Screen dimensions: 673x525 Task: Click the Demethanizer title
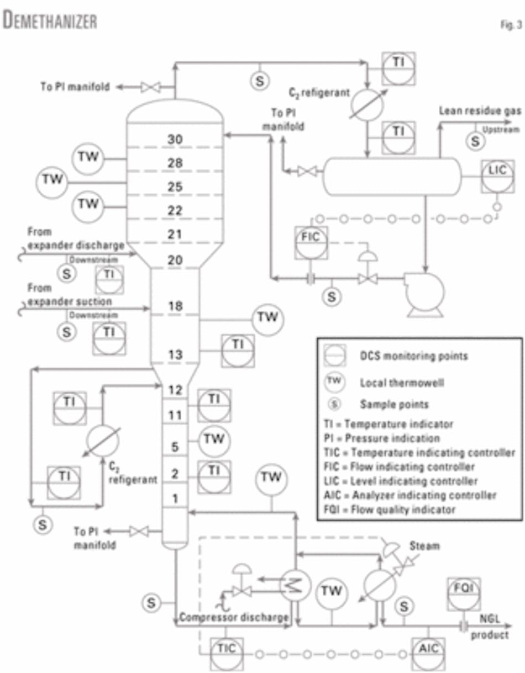[50, 20]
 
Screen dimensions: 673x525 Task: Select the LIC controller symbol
[498, 176]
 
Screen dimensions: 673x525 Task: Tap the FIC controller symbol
[311, 242]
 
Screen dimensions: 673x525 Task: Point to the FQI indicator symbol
[464, 593]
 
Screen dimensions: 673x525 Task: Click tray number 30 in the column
[175, 140]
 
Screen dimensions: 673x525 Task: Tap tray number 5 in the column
[175, 447]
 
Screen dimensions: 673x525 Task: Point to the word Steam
[424, 545]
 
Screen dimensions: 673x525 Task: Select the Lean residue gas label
[479, 110]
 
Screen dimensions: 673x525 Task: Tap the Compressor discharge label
[233, 617]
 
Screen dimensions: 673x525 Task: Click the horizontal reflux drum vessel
[391, 176]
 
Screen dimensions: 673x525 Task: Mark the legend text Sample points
[394, 404]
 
